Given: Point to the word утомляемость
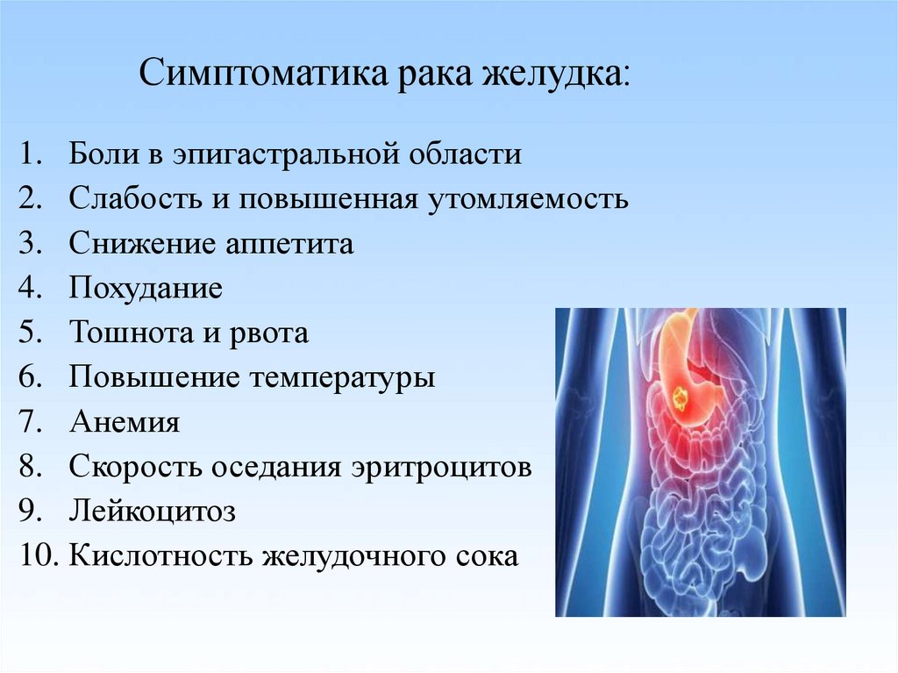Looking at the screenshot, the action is [x=528, y=199].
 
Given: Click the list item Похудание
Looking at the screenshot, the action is [x=146, y=288].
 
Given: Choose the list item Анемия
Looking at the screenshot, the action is [x=125, y=422].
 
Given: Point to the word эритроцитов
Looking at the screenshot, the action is [x=442, y=468].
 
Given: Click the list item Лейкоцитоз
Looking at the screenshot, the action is [x=153, y=512].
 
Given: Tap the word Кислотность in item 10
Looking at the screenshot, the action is [x=160, y=556].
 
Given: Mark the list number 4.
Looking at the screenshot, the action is [x=31, y=287].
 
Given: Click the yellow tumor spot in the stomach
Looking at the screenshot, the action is [x=681, y=397].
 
